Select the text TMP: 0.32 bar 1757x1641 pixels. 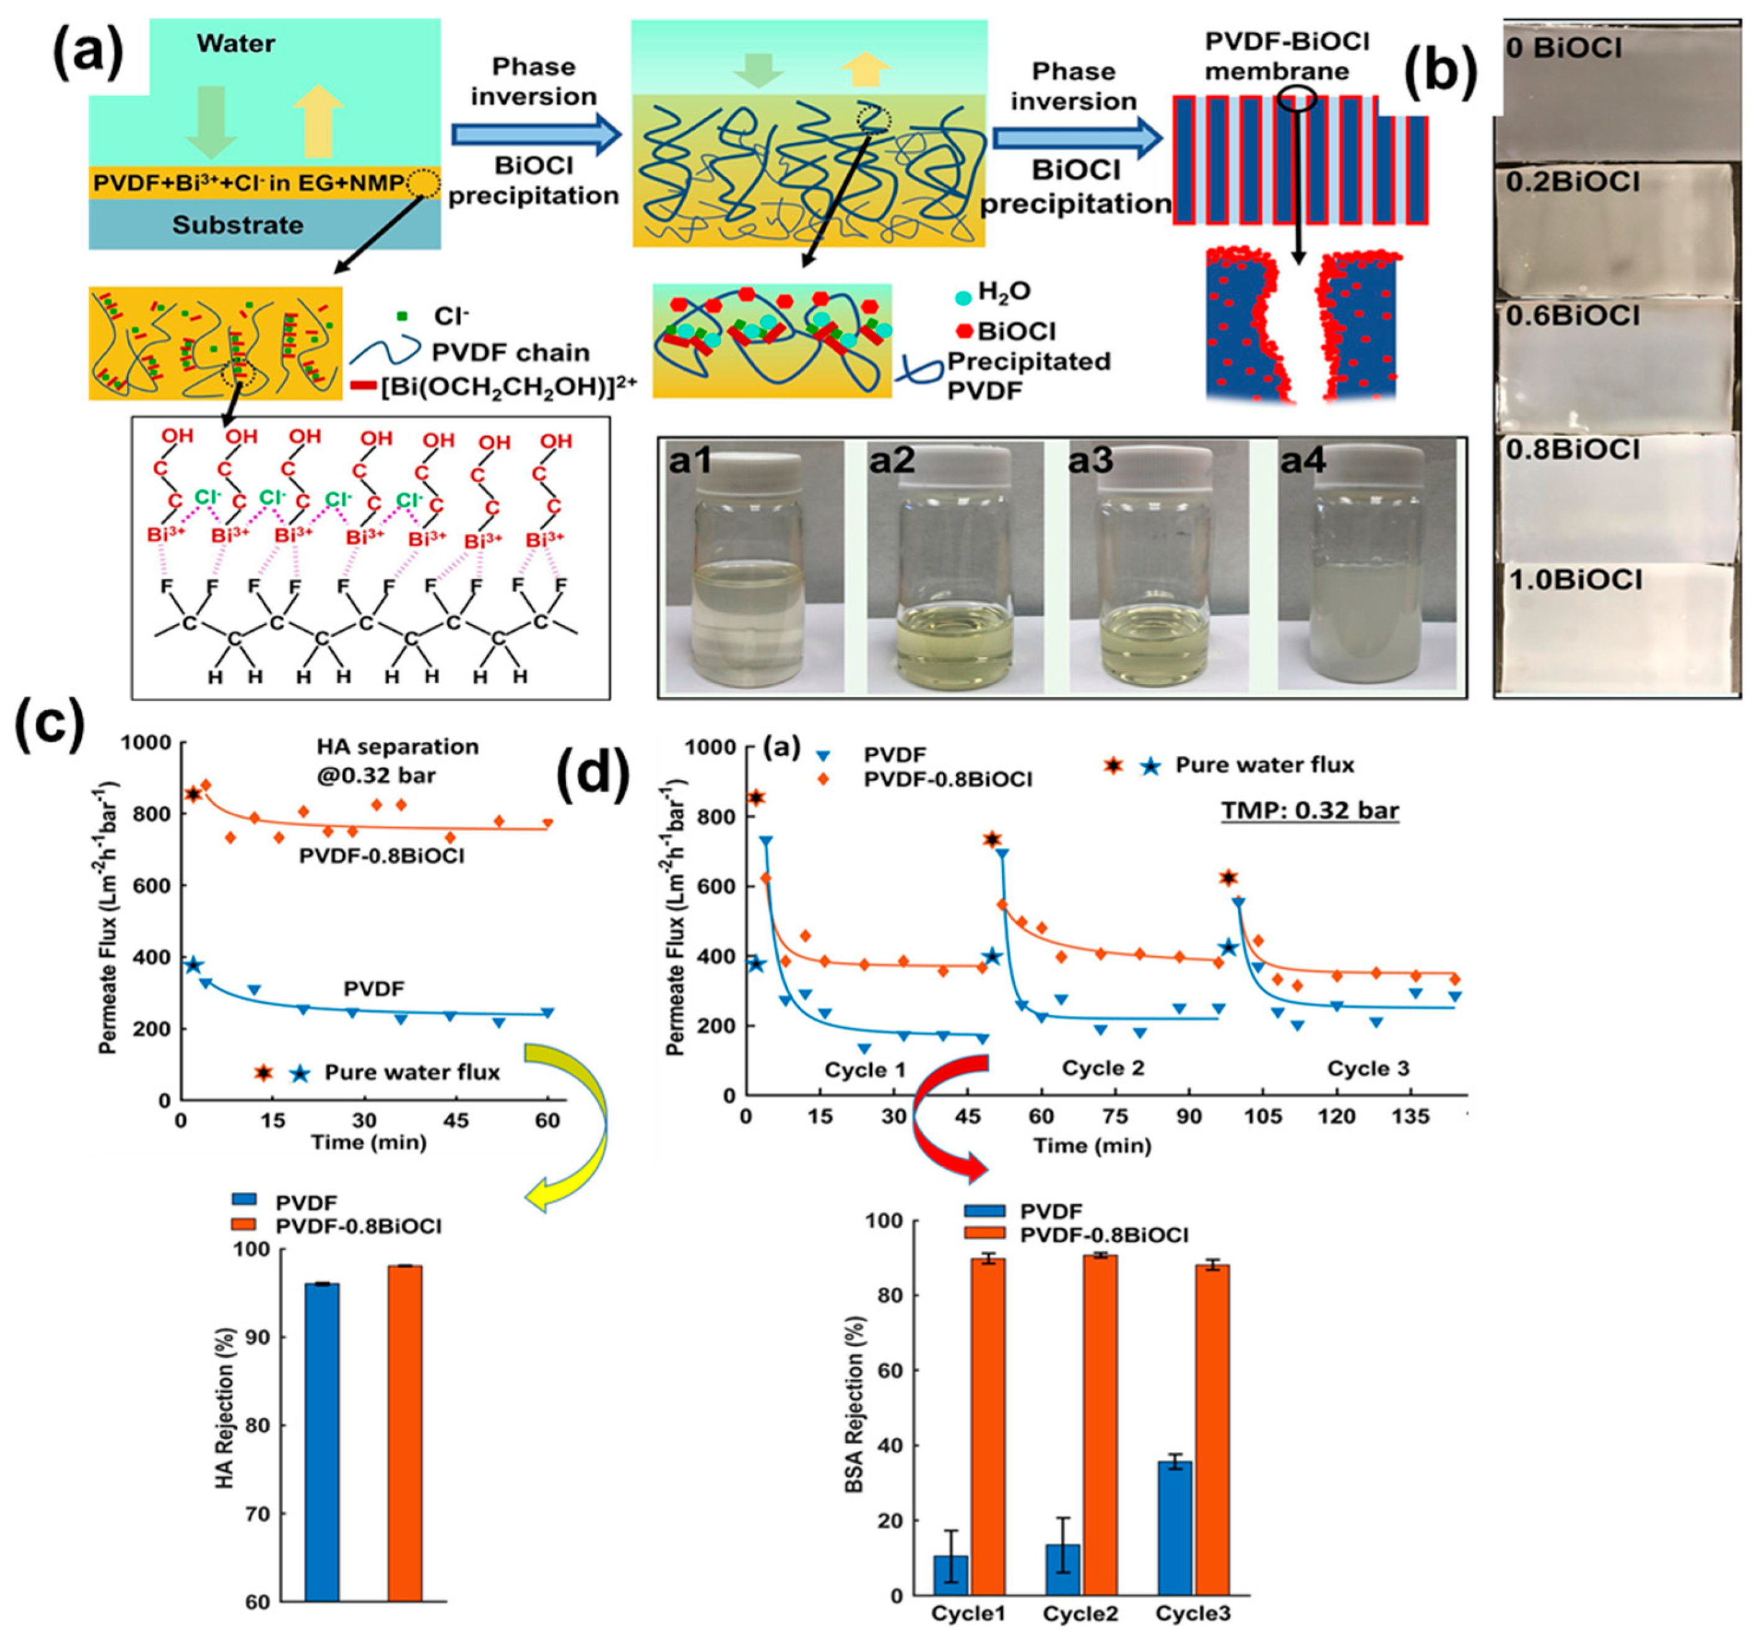(1311, 810)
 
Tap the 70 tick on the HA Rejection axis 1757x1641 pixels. (260, 1514)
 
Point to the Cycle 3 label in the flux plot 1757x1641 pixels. (1368, 1068)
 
